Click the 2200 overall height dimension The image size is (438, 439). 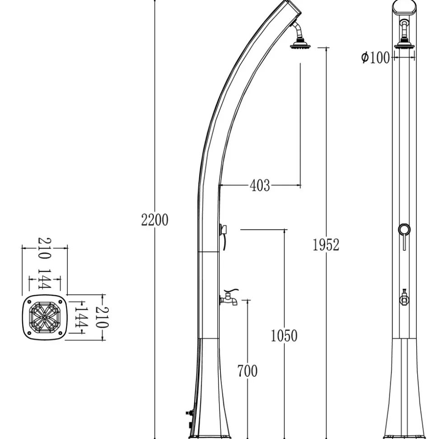click(x=155, y=220)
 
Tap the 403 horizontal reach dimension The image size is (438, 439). click(x=260, y=185)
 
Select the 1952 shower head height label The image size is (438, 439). click(x=326, y=245)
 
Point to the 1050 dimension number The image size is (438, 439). click(x=284, y=335)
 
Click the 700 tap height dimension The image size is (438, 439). click(x=247, y=371)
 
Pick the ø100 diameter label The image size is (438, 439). click(x=375, y=58)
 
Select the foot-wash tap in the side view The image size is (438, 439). click(x=229, y=298)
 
